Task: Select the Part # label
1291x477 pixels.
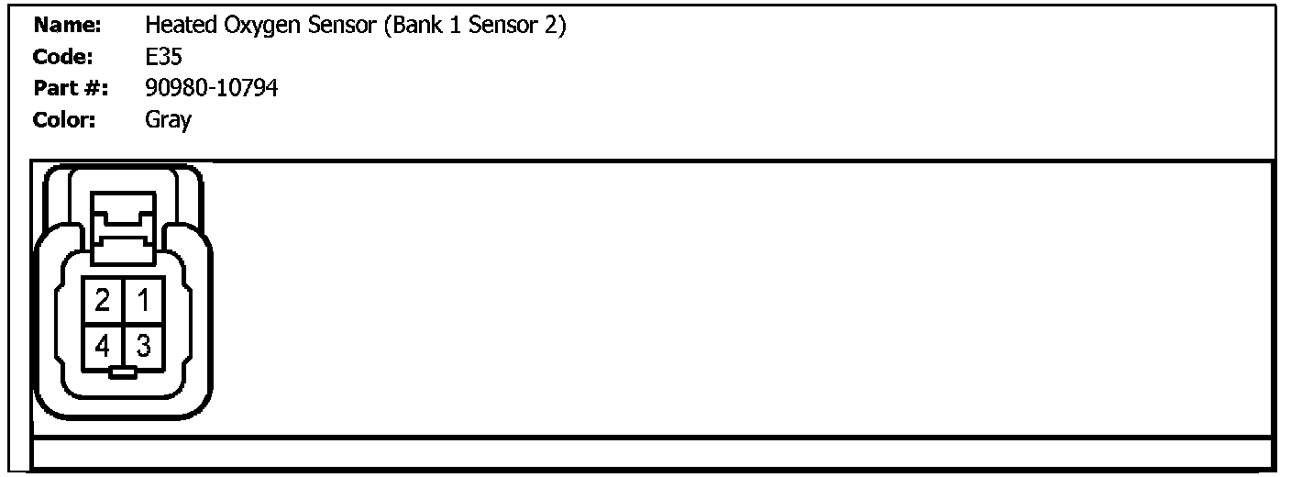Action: pos(71,88)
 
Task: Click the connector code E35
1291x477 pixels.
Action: pos(163,57)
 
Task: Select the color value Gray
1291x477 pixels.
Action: pos(168,120)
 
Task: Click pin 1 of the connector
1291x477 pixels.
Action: pos(142,299)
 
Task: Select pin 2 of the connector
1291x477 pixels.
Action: pos(103,299)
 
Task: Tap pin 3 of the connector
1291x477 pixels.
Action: pos(142,346)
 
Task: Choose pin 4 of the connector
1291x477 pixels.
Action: pos(103,346)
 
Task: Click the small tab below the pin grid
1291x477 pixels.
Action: pos(122,372)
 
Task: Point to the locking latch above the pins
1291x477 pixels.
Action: pos(122,224)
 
